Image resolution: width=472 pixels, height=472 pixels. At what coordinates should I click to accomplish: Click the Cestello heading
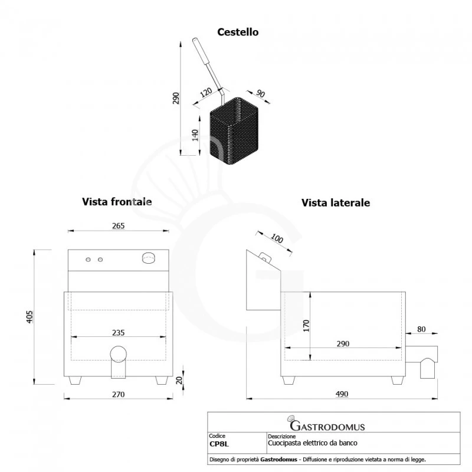pyautogui.click(x=238, y=32)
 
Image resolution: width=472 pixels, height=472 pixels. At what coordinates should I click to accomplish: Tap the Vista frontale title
pyautogui.click(x=117, y=202)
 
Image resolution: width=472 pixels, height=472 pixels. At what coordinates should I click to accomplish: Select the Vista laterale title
pyautogui.click(x=336, y=203)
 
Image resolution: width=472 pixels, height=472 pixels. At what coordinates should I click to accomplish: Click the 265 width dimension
pyautogui.click(x=118, y=225)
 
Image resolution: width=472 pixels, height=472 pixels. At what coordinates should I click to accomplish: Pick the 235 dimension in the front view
pyautogui.click(x=118, y=333)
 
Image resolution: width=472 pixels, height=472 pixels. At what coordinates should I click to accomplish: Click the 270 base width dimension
pyautogui.click(x=118, y=395)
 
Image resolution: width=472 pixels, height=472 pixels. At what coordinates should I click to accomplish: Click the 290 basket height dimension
pyautogui.click(x=176, y=99)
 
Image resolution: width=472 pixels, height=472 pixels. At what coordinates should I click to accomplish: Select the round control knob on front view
pyautogui.click(x=148, y=257)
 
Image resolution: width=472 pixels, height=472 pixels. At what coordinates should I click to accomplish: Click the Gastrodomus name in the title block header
pyautogui.click(x=327, y=426)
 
